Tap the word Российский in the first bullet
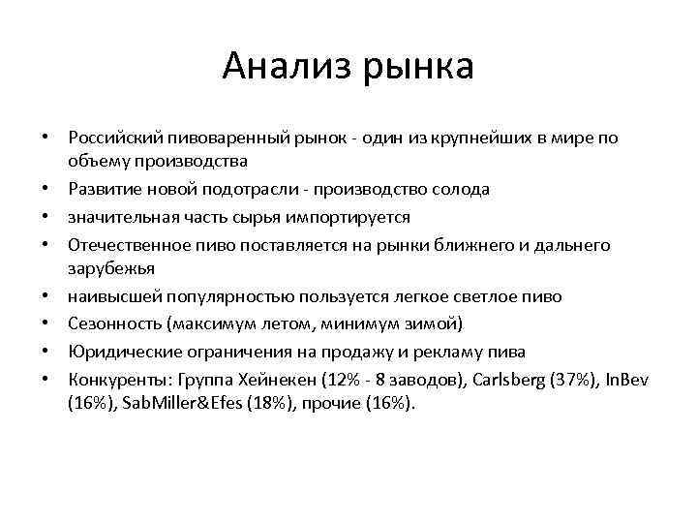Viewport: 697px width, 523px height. pos(116,138)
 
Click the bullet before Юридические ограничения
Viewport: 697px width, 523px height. pos(47,349)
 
